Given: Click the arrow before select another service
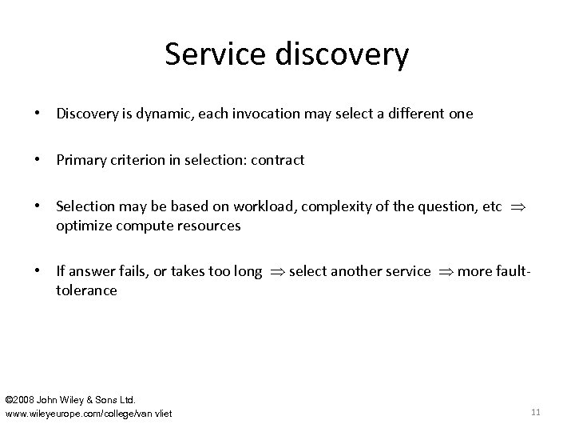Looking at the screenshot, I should (x=276, y=272).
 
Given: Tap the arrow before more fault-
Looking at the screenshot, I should (x=445, y=272).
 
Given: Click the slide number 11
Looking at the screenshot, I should (x=535, y=412).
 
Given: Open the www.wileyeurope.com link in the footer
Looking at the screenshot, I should (x=88, y=413).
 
